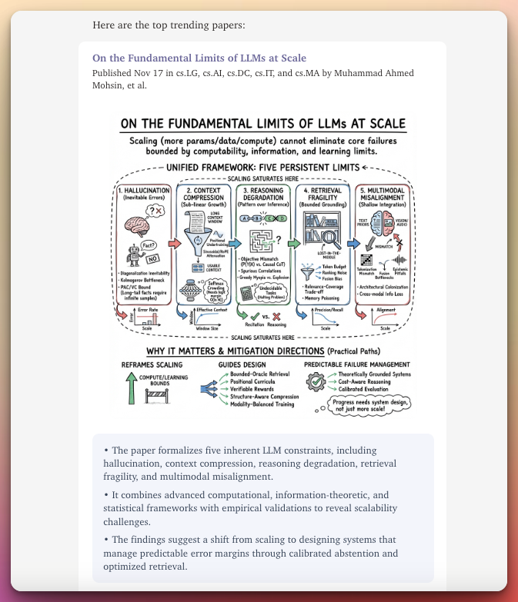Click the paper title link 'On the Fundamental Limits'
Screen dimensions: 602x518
199,58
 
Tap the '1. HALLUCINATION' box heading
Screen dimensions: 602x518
145,189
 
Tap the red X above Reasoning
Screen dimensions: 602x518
278,315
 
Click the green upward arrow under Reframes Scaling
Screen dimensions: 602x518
131,389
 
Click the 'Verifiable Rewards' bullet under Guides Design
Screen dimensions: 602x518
252,389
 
